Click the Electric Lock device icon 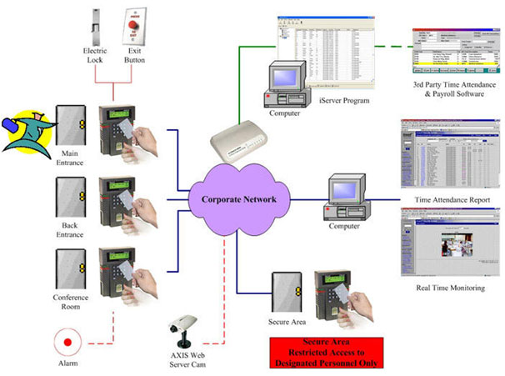click(x=94, y=24)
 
